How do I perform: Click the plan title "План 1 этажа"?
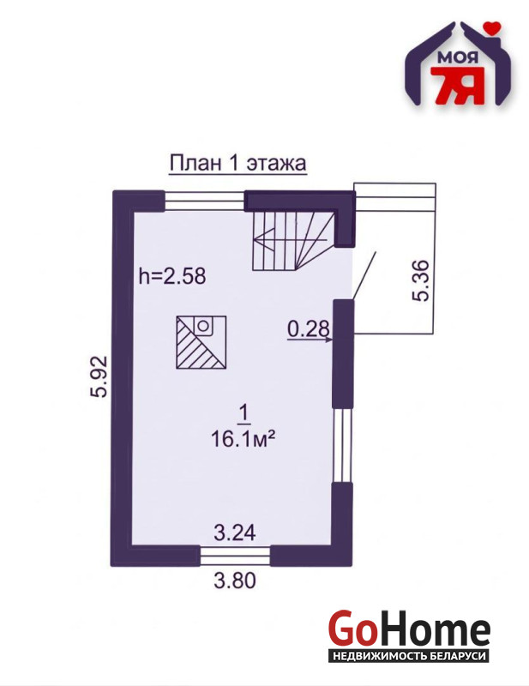[x=237, y=164]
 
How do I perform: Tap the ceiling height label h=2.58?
[x=172, y=276]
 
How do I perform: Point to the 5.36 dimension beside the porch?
[x=420, y=280]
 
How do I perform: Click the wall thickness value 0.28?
[x=308, y=329]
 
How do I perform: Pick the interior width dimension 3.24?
[x=235, y=533]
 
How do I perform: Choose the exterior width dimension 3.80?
[x=235, y=581]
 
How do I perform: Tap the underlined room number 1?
[x=243, y=414]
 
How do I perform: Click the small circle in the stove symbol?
[x=202, y=326]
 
